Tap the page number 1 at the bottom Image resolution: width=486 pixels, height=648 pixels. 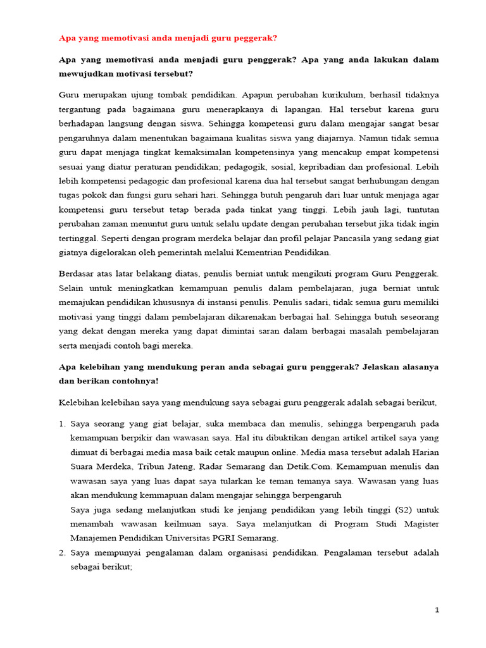click(x=437, y=610)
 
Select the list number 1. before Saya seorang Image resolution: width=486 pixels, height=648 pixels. click(x=62, y=423)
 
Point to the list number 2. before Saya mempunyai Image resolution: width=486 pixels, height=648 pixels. click(x=62, y=552)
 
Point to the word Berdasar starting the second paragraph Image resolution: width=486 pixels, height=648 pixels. click(x=78, y=273)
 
